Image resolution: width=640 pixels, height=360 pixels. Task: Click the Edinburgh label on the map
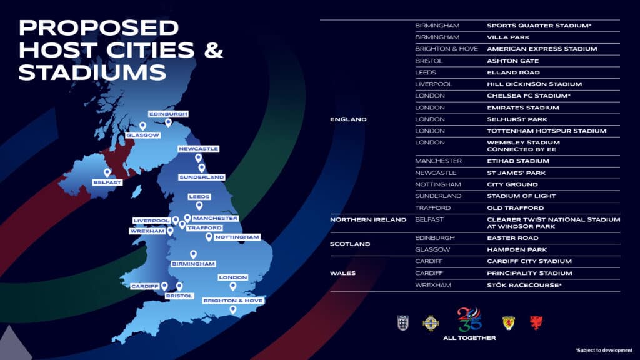coord(167,114)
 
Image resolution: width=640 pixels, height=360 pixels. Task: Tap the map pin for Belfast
coord(107,172)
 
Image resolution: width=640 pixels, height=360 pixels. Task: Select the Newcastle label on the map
coord(198,149)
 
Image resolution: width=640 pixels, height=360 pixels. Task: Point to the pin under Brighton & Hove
coord(232,309)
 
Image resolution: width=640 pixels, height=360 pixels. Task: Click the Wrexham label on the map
coord(147,231)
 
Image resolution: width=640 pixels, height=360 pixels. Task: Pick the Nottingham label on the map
coord(236,237)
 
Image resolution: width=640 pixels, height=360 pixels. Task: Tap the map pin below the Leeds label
coord(199,206)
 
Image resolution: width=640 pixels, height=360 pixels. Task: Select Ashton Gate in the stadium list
coord(512,61)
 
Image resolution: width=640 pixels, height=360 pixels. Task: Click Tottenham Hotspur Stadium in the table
coord(546,131)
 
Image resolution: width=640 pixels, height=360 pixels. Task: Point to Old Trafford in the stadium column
coord(515,207)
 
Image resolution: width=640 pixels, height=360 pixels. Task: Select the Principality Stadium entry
coord(529,273)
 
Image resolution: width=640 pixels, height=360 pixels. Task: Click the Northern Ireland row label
coord(368,219)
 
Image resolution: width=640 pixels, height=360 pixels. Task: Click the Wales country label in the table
coord(342,273)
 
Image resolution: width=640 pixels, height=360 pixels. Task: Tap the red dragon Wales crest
coord(536,322)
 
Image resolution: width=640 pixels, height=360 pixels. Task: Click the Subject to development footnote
coord(603,350)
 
